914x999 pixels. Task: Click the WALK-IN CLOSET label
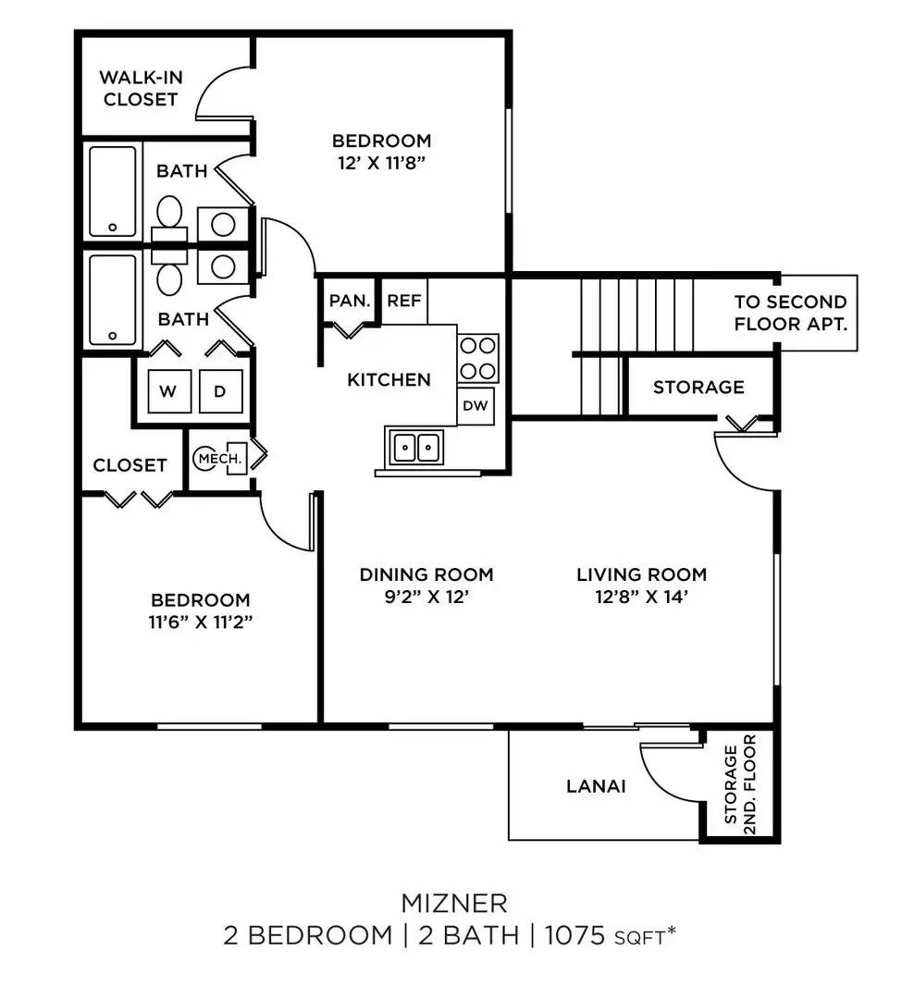click(x=141, y=88)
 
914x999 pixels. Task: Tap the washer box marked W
click(x=167, y=391)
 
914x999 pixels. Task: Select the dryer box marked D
click(x=219, y=391)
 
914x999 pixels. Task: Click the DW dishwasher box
click(x=476, y=405)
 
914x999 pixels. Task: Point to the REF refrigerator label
click(x=404, y=301)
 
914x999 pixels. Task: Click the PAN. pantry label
click(x=350, y=301)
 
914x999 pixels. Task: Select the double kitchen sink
click(x=416, y=448)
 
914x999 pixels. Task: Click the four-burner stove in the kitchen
click(x=478, y=359)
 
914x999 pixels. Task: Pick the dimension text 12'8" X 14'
click(x=642, y=598)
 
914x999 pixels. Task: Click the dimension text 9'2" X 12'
click(x=426, y=598)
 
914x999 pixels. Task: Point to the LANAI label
click(x=596, y=786)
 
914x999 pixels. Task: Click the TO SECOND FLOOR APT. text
click(x=790, y=314)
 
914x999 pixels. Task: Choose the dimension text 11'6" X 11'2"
click(x=201, y=622)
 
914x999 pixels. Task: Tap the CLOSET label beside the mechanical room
click(x=130, y=465)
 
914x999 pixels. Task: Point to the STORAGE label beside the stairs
click(x=698, y=387)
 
